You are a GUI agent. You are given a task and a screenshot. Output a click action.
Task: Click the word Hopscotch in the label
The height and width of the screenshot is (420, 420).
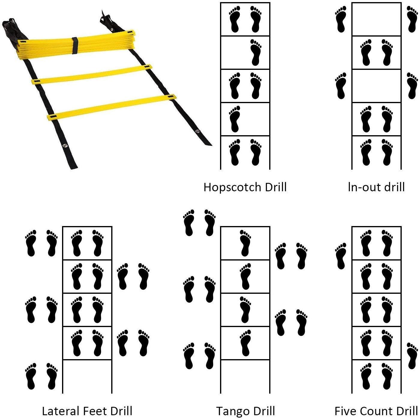(233, 187)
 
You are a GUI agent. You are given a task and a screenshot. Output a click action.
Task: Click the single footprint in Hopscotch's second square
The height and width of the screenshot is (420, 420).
(256, 52)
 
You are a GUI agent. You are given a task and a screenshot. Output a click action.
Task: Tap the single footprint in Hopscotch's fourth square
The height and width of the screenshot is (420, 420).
(235, 119)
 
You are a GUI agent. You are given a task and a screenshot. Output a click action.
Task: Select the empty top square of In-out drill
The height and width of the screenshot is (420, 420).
(377, 19)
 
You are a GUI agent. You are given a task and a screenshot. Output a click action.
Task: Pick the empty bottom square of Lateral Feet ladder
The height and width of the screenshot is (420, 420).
(87, 377)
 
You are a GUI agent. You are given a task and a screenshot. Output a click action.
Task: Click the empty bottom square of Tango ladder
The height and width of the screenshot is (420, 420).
(245, 377)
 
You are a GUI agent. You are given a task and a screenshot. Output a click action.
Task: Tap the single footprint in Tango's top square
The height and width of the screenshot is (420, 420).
(246, 243)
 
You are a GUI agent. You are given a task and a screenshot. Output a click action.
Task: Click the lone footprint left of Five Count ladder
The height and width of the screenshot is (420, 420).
(341, 256)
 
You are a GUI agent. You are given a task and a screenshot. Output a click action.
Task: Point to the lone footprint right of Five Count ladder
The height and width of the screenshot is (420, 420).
(413, 356)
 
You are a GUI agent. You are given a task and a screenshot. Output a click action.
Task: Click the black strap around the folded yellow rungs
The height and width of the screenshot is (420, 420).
(75, 46)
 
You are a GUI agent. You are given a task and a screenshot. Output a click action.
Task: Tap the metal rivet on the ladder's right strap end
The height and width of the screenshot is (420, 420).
(198, 131)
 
